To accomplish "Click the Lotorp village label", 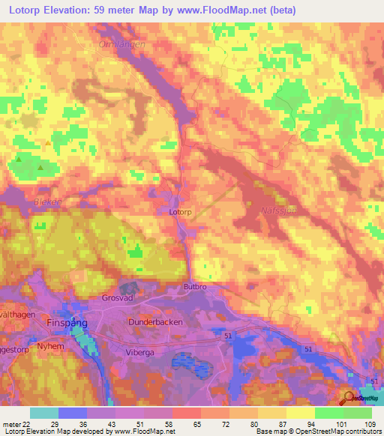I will click(x=180, y=212).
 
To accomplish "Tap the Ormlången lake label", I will click(x=121, y=44).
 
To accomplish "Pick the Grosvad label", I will click(x=117, y=297).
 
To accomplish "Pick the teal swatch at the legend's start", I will click(x=43, y=413).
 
